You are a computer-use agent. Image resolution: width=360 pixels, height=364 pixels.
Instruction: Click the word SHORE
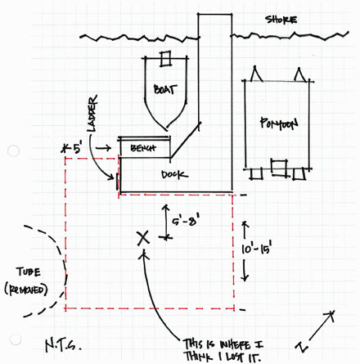281,20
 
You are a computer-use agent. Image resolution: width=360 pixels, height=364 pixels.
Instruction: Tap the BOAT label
165,89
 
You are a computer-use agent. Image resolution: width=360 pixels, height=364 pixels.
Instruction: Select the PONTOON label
278,124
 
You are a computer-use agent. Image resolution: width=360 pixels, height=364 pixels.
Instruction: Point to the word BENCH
143,148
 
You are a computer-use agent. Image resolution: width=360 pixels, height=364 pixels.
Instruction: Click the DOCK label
174,174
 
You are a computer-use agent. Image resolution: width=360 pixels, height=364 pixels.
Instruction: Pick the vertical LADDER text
92,114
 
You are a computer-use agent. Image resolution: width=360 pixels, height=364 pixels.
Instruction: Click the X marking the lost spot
143,238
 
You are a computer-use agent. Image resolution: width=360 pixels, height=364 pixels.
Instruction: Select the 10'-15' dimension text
256,249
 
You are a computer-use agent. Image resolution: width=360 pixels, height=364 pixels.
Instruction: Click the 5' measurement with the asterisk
71,149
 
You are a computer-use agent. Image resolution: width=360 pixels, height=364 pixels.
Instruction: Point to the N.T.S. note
63,345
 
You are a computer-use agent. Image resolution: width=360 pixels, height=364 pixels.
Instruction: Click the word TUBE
29,272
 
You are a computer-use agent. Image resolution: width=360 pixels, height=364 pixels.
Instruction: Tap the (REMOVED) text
26,290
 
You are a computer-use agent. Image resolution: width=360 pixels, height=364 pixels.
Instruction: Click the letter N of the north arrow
302,347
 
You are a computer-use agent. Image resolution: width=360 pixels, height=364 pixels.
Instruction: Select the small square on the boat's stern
165,59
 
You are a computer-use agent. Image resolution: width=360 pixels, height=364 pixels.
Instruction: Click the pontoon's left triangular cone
256,74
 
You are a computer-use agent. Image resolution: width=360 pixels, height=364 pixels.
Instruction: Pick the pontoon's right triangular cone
300,74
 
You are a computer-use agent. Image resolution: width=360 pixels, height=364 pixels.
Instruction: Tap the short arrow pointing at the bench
103,148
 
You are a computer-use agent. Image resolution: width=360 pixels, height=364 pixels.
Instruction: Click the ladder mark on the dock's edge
117,181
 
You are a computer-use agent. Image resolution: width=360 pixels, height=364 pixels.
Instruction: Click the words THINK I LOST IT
223,357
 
